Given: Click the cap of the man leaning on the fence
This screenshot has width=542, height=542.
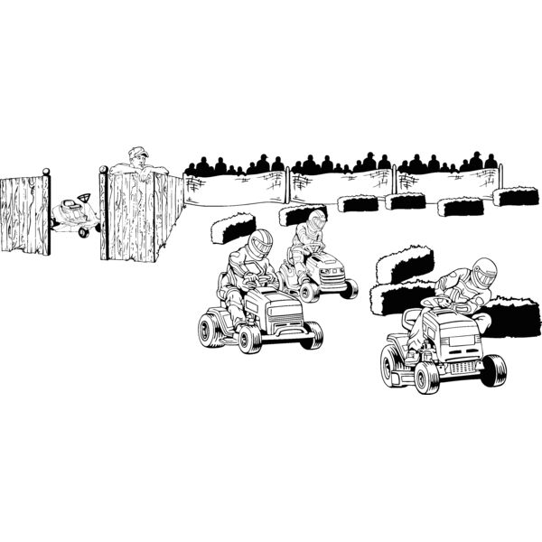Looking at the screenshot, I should coord(137,152).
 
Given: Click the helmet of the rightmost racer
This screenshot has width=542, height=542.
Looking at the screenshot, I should coord(485,271).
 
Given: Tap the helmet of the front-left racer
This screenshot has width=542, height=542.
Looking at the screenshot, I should coord(260,242).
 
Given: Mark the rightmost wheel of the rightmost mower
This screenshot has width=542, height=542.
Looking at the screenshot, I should coord(493,369).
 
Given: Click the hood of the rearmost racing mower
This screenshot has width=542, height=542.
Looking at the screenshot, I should coord(328,261).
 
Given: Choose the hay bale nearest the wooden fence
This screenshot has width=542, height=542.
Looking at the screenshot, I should coord(232,227).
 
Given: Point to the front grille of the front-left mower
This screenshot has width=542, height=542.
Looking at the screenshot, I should coord(287,326).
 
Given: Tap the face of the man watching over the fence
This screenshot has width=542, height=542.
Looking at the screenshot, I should coord(139,160).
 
